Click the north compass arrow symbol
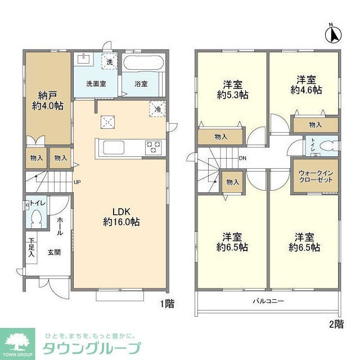click(333, 34)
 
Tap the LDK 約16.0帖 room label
click(121, 217)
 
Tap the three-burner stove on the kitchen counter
click(153, 147)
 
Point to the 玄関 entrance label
click(54, 253)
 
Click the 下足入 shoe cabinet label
click(31, 248)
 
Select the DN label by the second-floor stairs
click(242, 158)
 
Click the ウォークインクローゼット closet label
click(314, 175)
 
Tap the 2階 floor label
click(336, 323)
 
